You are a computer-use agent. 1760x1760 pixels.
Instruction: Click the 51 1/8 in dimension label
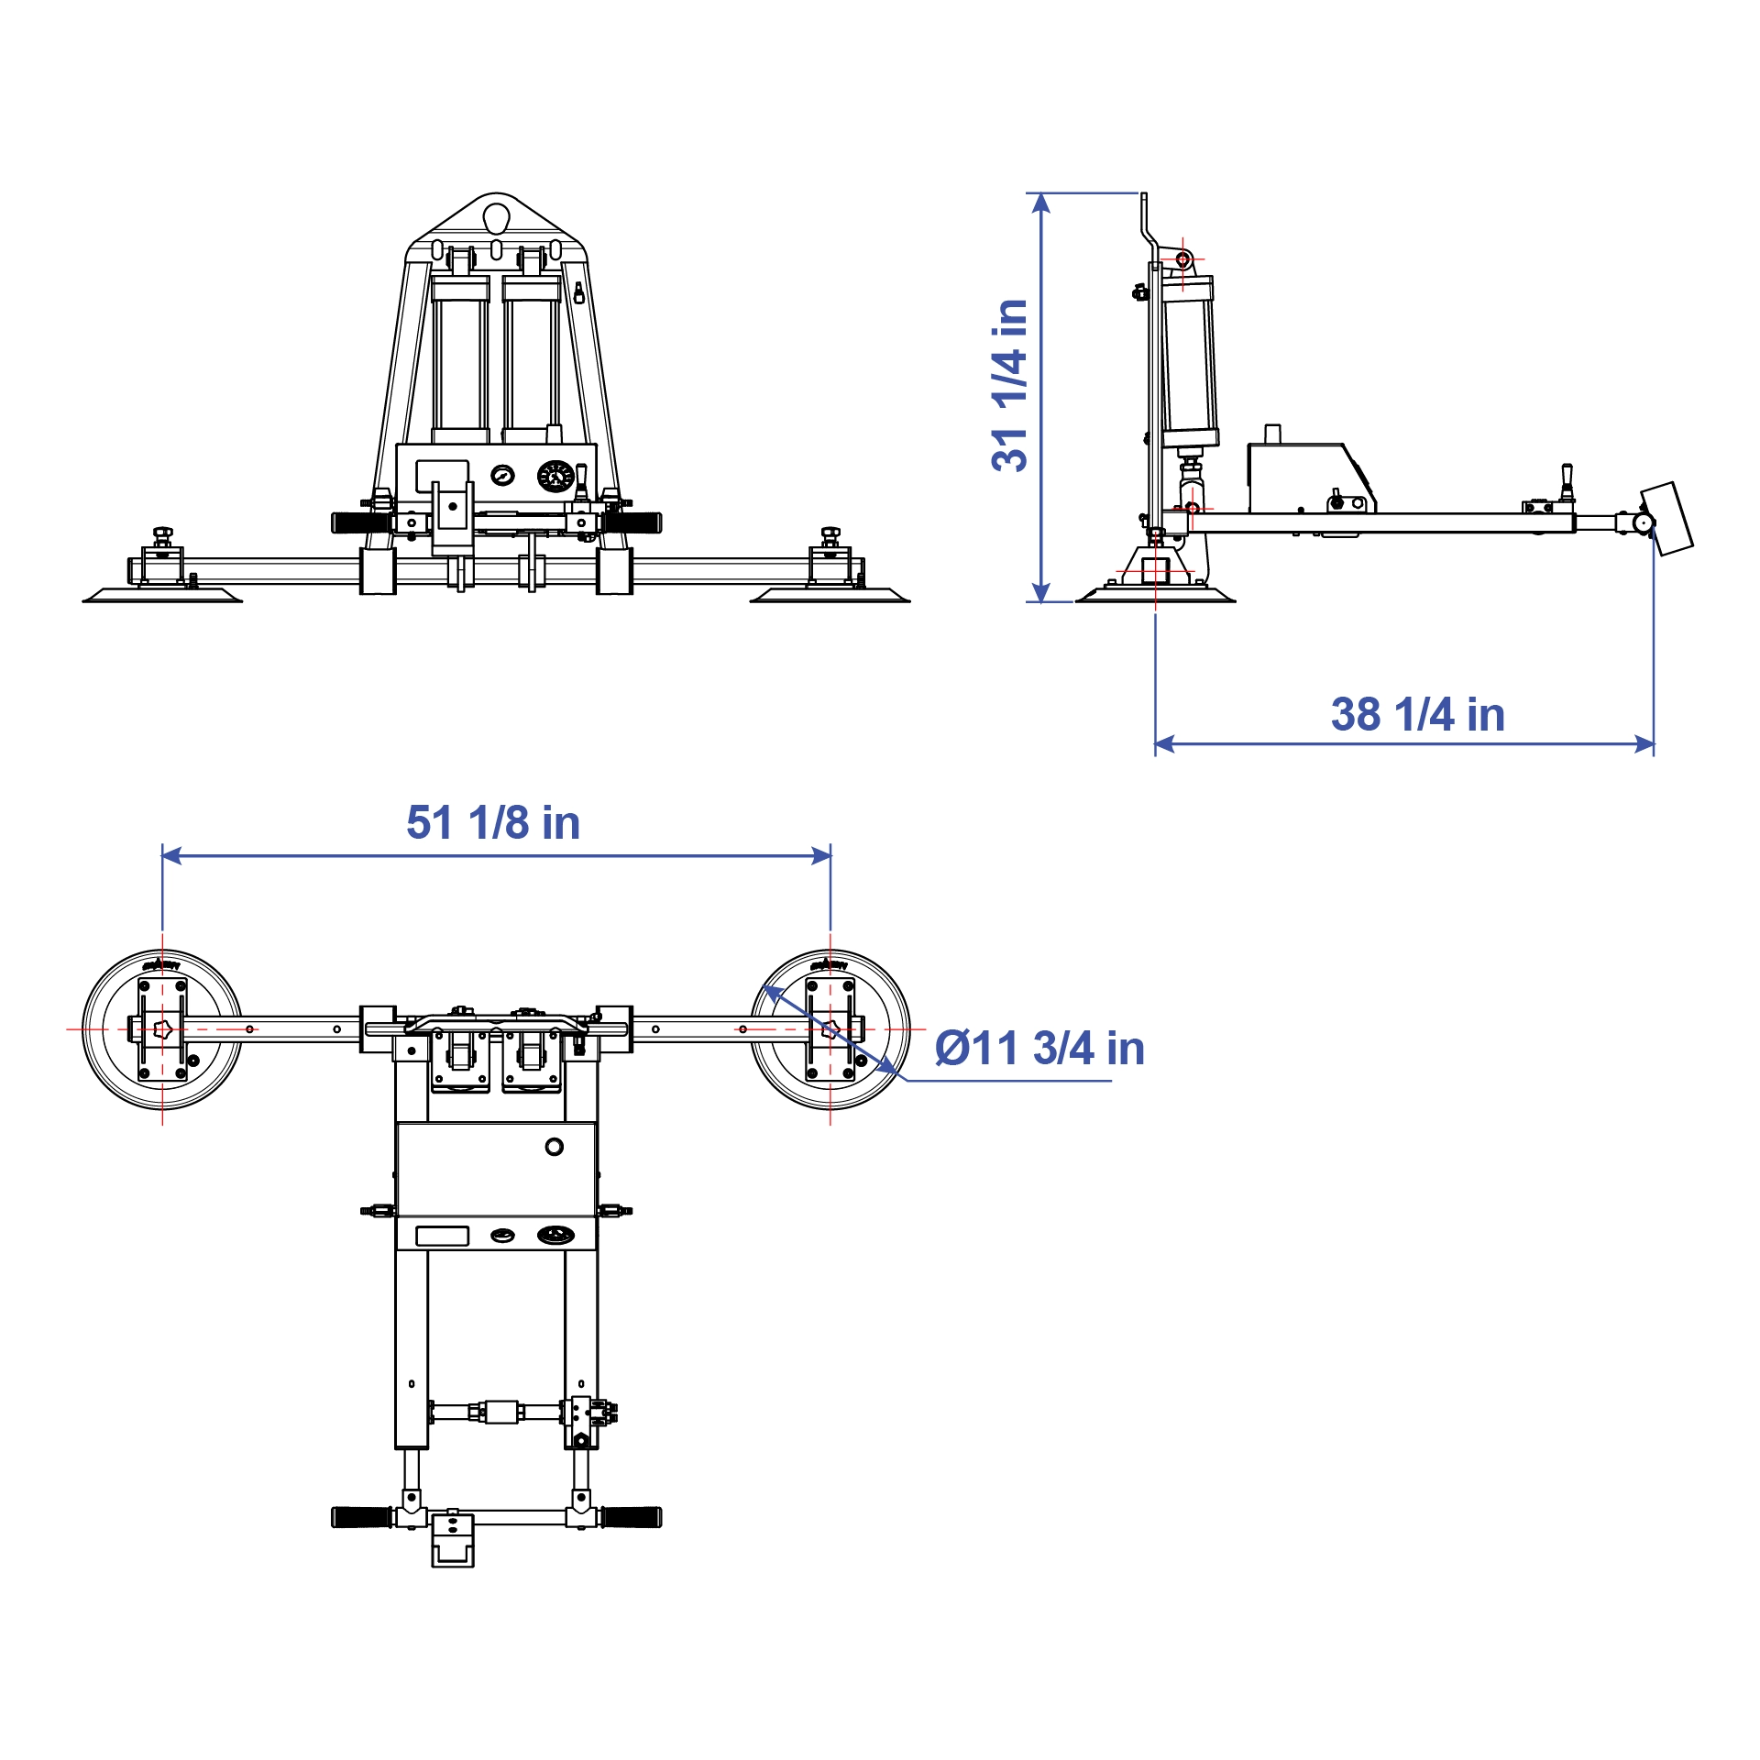(x=493, y=822)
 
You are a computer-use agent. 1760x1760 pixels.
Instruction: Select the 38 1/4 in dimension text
(x=1417, y=714)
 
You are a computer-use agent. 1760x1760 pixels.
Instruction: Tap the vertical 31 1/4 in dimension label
(x=1010, y=385)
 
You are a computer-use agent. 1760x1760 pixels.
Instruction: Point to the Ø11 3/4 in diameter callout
(x=1039, y=1048)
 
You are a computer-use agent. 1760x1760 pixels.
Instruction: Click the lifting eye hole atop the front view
(x=496, y=218)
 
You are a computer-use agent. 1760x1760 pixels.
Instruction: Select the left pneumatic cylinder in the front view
(x=460, y=362)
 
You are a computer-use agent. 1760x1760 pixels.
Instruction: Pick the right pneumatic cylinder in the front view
(x=531, y=362)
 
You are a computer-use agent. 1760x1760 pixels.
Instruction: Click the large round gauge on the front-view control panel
(x=555, y=476)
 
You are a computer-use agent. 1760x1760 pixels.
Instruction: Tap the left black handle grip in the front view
(x=360, y=523)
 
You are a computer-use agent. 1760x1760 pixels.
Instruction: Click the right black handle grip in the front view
(x=632, y=523)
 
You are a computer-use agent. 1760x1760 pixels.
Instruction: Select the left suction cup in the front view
(x=163, y=596)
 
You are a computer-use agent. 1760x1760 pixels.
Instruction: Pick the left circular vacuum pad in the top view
(x=162, y=1029)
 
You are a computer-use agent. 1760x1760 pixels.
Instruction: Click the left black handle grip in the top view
(x=361, y=1517)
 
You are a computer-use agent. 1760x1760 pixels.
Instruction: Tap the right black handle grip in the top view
(x=632, y=1517)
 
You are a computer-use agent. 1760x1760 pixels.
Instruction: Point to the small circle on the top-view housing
(x=554, y=1147)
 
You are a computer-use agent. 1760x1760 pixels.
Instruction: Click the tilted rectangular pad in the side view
(x=1666, y=519)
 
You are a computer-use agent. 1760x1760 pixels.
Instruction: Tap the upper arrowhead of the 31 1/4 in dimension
(x=1040, y=203)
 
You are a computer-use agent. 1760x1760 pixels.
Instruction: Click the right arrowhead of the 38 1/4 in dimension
(x=1644, y=744)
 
